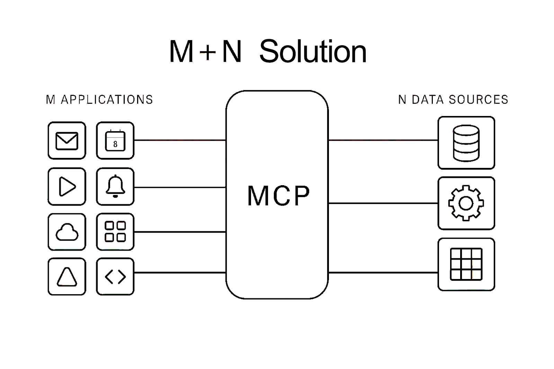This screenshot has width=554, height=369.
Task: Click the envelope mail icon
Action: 67,141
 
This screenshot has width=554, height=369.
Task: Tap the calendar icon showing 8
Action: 115,141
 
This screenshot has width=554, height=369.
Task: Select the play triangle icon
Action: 67,187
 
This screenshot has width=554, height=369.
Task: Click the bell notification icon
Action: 115,187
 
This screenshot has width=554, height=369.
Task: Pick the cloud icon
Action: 67,232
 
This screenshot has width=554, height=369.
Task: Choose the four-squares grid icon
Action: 115,232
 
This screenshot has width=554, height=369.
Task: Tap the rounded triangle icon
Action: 67,277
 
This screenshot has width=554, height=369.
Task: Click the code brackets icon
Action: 115,277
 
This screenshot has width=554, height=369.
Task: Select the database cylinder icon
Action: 466,143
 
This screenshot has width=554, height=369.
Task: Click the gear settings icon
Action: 466,203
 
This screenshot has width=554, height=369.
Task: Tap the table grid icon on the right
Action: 466,264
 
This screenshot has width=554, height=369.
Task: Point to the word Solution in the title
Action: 313,52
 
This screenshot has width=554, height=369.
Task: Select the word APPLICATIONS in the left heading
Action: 107,100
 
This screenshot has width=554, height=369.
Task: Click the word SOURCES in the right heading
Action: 479,100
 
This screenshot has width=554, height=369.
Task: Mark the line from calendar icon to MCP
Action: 180,140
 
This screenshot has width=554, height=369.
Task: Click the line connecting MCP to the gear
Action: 383,203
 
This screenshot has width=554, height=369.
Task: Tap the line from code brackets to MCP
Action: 180,273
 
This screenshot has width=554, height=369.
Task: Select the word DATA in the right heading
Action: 428,100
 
